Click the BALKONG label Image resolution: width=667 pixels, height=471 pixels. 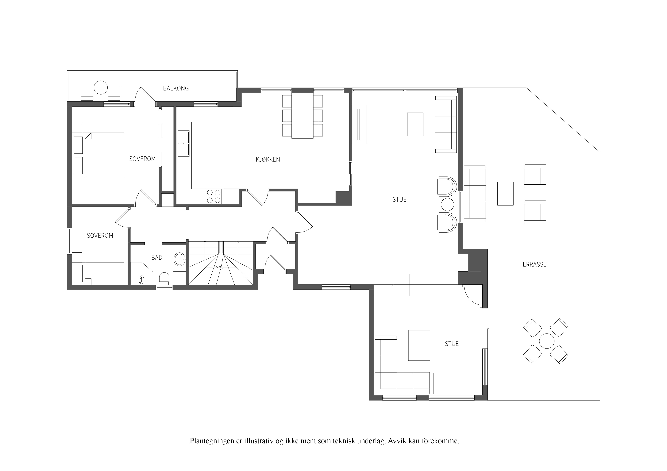coord(176,89)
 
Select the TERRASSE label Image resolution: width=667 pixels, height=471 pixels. coord(533,264)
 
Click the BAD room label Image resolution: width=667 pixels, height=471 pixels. coord(157,257)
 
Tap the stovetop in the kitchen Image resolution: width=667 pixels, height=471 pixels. coord(214,196)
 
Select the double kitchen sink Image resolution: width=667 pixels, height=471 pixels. coord(184,144)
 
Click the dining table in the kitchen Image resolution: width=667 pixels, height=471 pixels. coord(303,115)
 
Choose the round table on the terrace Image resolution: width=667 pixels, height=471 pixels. coord(546,341)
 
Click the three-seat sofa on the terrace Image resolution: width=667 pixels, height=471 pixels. coord(475,194)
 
